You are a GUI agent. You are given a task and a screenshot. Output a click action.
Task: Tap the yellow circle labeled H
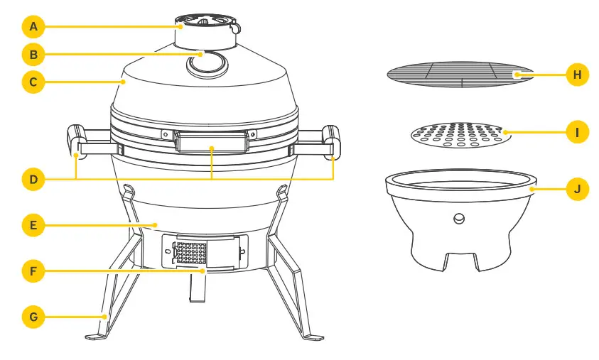point(577,75)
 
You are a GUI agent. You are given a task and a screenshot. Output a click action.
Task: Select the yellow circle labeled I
point(577,131)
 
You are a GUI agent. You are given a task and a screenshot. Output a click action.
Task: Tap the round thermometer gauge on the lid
point(205,65)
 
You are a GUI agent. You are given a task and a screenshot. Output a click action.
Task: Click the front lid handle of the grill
point(211,141)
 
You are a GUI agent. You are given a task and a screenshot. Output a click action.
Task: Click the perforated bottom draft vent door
point(190,252)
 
